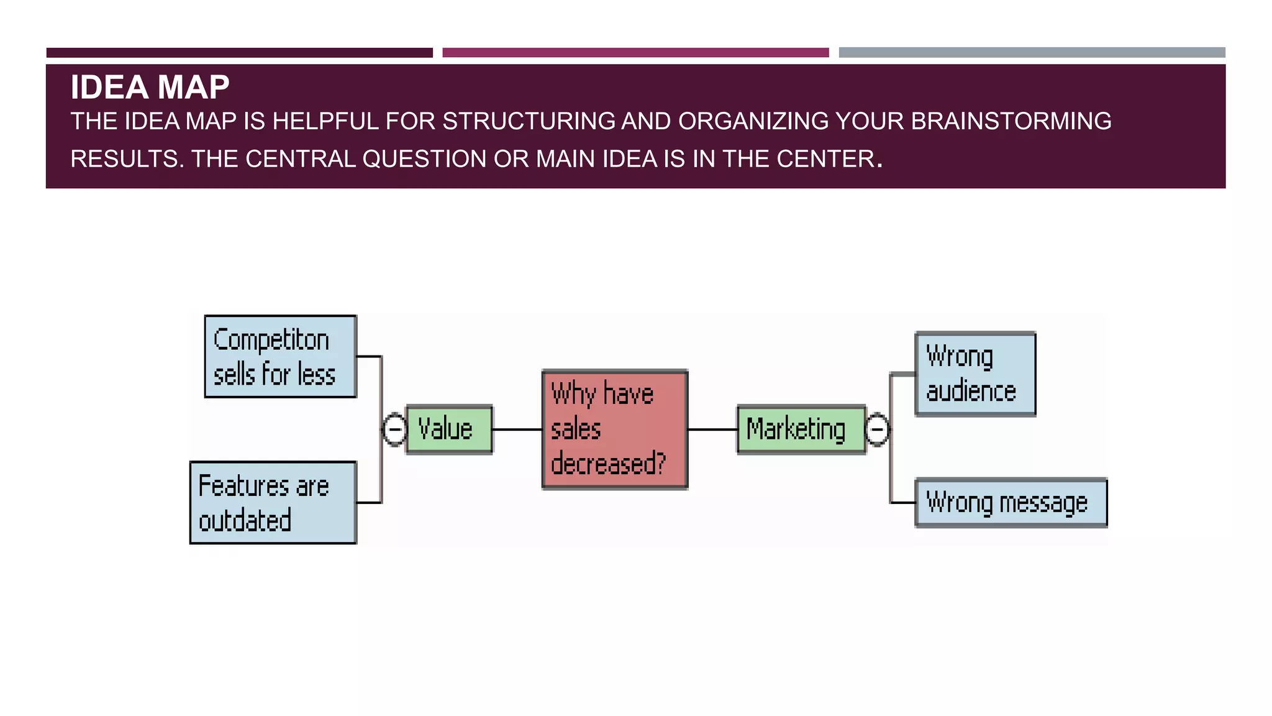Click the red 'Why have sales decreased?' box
614,429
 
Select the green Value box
449,429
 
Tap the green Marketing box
801,429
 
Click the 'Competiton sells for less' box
280,356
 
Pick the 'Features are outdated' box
273,502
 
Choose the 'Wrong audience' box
975,374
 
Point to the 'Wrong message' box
1011,502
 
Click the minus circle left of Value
394,429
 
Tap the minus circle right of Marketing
877,429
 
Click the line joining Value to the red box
517,429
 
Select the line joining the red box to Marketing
712,429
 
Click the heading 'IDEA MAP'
150,87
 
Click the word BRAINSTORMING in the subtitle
1011,121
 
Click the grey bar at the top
1032,53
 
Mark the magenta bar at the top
635,53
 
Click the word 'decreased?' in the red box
607,464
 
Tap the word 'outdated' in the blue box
245,521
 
